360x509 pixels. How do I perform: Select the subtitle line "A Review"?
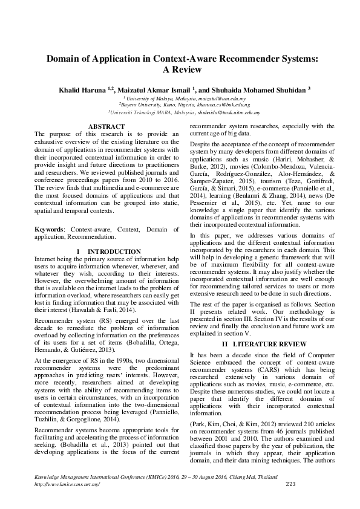click(x=180, y=70)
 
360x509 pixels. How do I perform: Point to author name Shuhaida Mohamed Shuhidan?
click(x=264, y=88)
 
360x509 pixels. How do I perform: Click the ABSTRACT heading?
click(x=106, y=126)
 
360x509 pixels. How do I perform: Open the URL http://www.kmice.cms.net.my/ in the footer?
click(x=67, y=485)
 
